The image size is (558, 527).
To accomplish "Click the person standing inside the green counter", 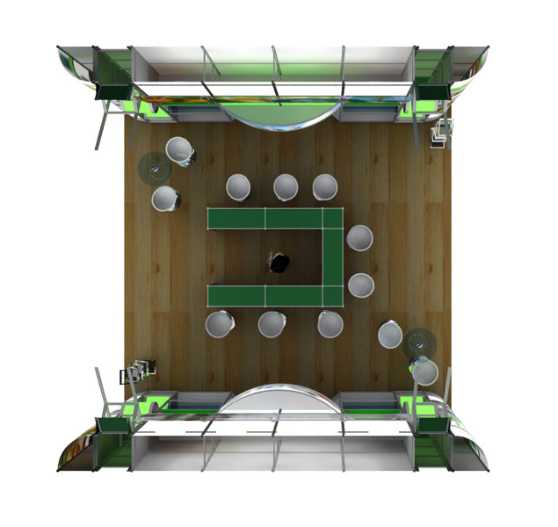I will [279, 262].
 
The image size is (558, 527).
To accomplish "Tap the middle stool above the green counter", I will [285, 186].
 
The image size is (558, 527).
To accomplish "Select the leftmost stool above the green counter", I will [239, 187].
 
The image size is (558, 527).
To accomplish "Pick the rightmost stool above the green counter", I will [325, 186].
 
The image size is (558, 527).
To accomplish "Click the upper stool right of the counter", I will [359, 238].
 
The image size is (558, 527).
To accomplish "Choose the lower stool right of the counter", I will [361, 285].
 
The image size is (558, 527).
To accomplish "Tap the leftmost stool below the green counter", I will [220, 324].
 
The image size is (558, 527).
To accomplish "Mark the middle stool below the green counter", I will [272, 324].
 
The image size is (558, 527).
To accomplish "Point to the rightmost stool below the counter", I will [330, 324].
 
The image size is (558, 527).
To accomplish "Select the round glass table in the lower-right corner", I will [422, 342].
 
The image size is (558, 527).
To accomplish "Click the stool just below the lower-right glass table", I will [425, 372].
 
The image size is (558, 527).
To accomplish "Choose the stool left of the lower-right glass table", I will [391, 335].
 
